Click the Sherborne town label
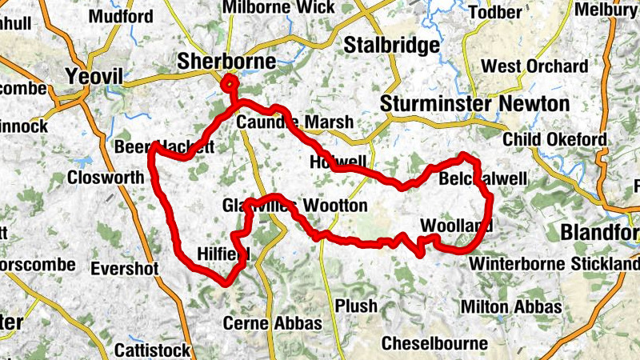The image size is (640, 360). click(226, 62)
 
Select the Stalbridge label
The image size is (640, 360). click(391, 46)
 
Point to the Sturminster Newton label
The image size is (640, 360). click(474, 104)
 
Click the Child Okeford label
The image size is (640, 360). click(554, 140)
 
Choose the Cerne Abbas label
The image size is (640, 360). click(272, 323)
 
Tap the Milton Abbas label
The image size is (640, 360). click(511, 307)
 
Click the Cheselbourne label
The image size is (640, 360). click(434, 343)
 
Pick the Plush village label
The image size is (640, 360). click(355, 307)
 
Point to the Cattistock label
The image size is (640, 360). click(152, 350)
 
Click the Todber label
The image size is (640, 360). click(515, 12)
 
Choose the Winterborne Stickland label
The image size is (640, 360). click(554, 263)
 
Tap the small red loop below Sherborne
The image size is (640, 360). click(230, 83)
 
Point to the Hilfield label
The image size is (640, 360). click(223, 254)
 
